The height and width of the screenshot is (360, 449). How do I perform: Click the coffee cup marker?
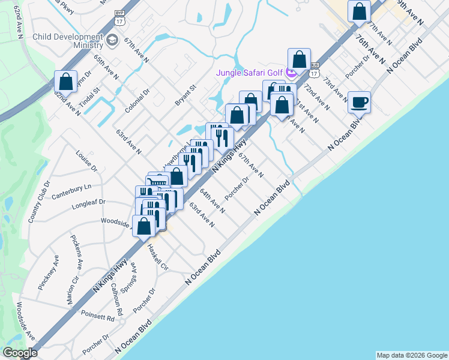(359, 101)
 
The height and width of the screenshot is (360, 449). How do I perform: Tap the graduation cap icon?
(112, 40)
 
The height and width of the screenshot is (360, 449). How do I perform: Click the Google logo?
(20, 353)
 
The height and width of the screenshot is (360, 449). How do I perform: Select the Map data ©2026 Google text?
(411, 355)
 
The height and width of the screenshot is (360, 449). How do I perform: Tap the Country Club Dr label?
(39, 202)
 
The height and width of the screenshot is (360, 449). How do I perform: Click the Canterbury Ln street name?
(71, 191)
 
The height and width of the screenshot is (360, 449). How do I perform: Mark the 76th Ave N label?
(370, 49)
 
